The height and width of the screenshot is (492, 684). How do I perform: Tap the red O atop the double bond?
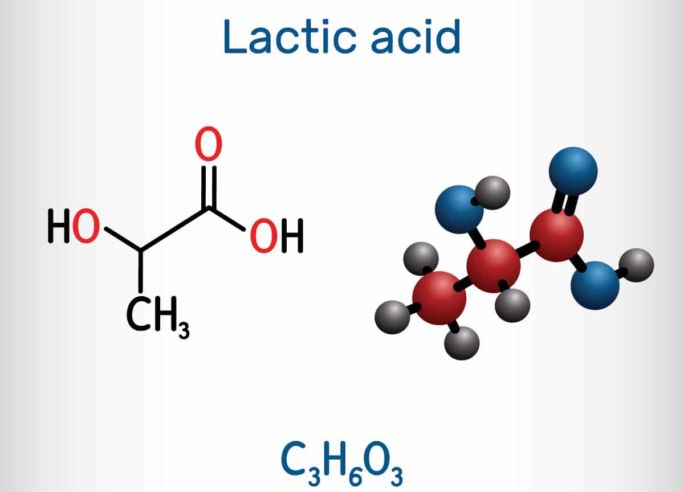click(x=208, y=145)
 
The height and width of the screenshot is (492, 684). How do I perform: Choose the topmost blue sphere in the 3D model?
click(x=573, y=171)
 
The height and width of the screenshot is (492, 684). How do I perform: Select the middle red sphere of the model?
click(x=493, y=265)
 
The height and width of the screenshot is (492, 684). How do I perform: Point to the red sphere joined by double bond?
click(x=556, y=234)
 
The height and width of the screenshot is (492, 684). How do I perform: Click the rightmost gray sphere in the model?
click(x=636, y=265)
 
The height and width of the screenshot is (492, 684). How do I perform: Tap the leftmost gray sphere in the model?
click(x=392, y=317)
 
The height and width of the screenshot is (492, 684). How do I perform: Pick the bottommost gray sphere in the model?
click(x=461, y=343)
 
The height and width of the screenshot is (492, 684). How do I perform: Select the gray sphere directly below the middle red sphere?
click(x=512, y=305)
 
